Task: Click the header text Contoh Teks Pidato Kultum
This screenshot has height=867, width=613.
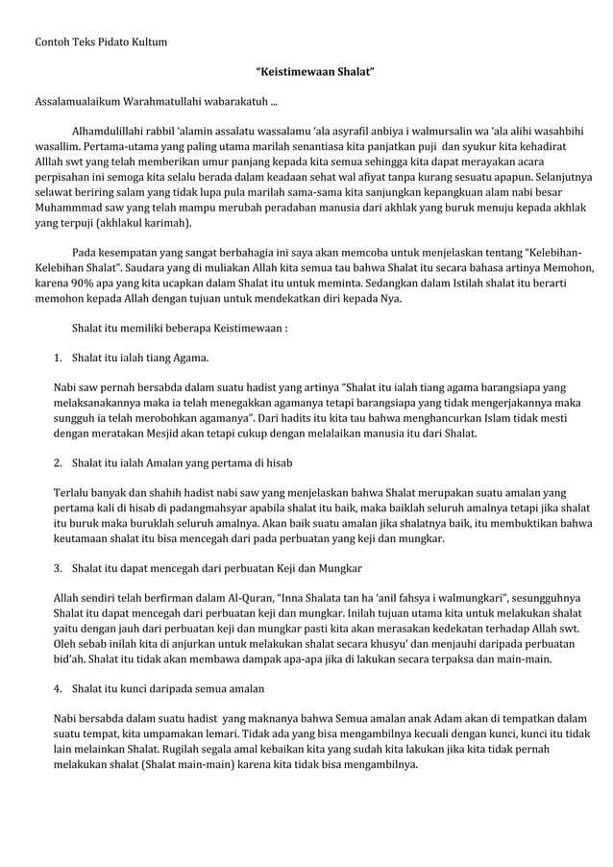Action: coord(101,43)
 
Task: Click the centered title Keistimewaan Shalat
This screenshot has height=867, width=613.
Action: coord(314,72)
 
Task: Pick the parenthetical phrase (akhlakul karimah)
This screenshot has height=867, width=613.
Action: coord(140,223)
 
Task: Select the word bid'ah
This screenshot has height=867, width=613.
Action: coord(70,659)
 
